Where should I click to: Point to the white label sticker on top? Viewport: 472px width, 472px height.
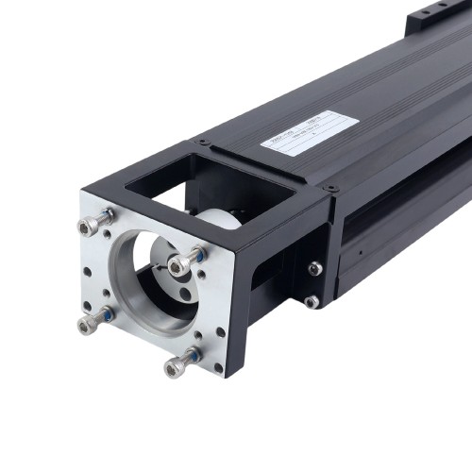click(x=309, y=133)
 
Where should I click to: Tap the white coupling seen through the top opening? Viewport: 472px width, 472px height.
click(x=219, y=213)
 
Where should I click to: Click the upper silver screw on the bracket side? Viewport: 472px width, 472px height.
click(x=314, y=269)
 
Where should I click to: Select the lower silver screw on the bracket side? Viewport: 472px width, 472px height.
click(x=312, y=302)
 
